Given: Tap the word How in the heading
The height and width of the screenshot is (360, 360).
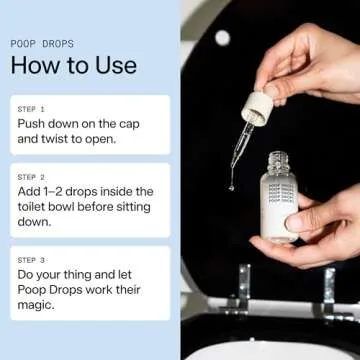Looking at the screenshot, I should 32,66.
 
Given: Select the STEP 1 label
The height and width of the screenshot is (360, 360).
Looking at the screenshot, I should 31,108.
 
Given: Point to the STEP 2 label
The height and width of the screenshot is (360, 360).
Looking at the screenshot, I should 31,176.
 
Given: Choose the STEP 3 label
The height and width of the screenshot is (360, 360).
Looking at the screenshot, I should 31,258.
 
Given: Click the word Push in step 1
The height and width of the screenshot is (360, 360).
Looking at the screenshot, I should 33,123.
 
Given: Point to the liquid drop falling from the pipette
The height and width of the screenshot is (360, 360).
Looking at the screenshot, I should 232,184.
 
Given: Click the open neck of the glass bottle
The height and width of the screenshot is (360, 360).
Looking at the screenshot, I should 279,157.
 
